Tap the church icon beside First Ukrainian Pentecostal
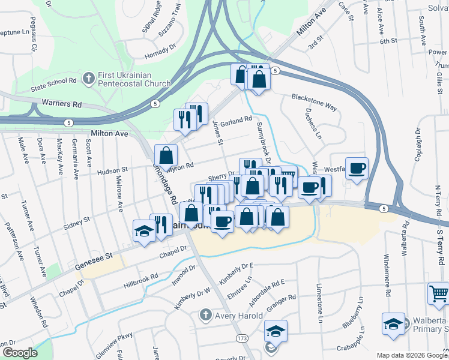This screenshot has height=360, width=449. click(88, 77)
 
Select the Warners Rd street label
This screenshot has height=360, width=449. click(62, 104)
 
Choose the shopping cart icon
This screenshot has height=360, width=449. click(439, 294)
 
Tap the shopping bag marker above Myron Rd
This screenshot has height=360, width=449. click(166, 156)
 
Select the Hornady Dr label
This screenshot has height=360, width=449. click(160, 51)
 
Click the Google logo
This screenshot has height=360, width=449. click(20, 352)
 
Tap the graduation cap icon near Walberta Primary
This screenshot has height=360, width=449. click(393, 323)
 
